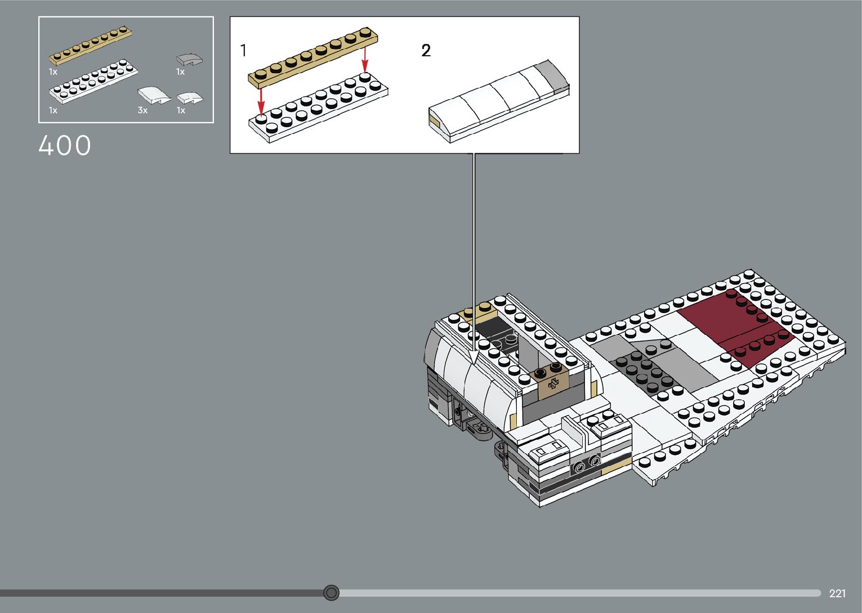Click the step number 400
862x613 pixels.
[64, 146]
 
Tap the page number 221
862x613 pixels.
[837, 593]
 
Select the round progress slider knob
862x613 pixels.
[332, 593]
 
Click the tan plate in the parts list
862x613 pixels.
[90, 45]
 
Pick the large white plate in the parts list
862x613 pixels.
[93, 82]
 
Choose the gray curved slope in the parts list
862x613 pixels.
[189, 59]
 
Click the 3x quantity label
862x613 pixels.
[142, 110]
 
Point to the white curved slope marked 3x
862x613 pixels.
[153, 95]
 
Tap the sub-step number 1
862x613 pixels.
[243, 51]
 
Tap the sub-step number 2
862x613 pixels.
[426, 51]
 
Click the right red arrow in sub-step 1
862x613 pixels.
[365, 59]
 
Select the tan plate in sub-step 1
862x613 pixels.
[313, 57]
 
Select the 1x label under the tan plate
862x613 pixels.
[53, 71]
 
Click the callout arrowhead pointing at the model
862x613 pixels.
[474, 357]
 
